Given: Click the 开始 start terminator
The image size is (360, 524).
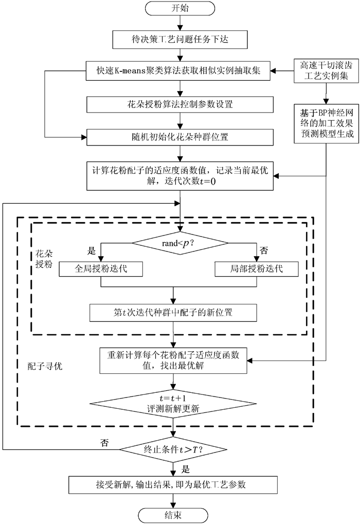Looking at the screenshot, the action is click(x=180, y=8).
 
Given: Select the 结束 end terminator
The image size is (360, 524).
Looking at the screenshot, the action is click(x=173, y=515).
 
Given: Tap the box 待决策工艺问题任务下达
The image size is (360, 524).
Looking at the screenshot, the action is click(x=180, y=40).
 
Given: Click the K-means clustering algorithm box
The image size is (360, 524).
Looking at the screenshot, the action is click(x=178, y=71).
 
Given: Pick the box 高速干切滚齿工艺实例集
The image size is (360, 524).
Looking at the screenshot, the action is click(x=326, y=71).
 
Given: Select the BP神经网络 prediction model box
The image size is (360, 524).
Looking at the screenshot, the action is click(x=326, y=123).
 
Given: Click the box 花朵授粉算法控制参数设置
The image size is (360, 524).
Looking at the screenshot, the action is click(x=180, y=104).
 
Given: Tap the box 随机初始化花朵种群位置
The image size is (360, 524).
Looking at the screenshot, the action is click(x=180, y=137).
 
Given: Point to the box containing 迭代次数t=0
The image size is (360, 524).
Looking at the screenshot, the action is click(x=180, y=176).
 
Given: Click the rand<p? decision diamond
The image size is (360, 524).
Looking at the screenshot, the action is click(x=180, y=243).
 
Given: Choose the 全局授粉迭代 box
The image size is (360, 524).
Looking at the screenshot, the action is click(x=101, y=268).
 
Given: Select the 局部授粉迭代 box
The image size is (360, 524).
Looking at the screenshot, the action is click(x=257, y=268).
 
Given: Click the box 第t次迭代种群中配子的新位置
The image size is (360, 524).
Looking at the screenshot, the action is click(x=173, y=313).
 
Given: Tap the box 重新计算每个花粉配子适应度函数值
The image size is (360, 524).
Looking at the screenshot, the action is click(x=173, y=360).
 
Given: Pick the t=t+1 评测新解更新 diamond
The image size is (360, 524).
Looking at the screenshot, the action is click(x=173, y=404).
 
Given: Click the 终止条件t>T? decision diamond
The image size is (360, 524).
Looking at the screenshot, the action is click(x=173, y=449).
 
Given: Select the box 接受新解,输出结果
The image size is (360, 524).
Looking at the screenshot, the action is click(x=173, y=485).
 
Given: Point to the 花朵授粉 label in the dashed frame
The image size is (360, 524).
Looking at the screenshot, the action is click(x=44, y=259).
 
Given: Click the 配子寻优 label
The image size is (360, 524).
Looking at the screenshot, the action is click(x=45, y=366).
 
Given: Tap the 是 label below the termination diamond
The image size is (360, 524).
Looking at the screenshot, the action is click(x=186, y=469).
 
